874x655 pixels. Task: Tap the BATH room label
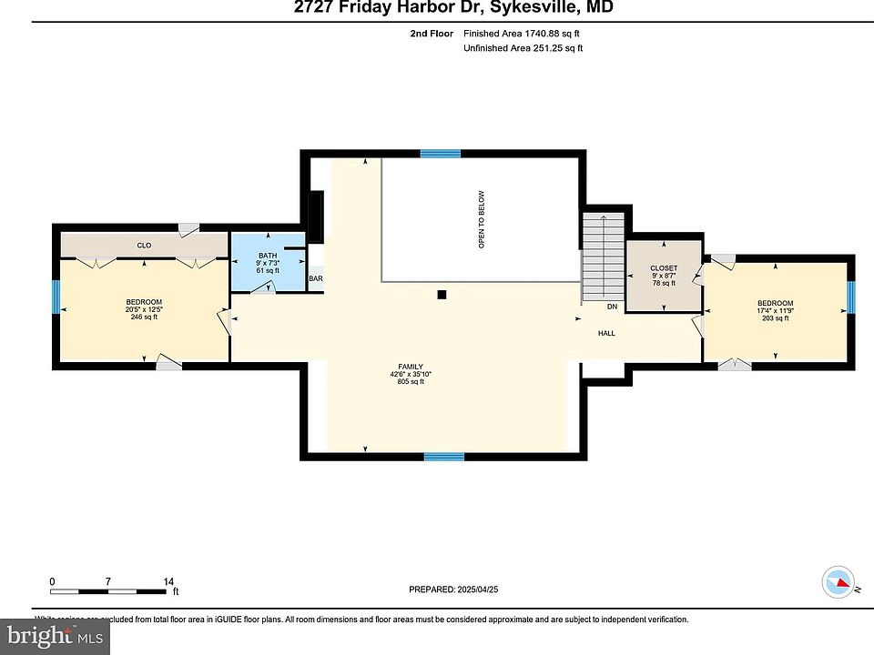[x=268, y=256]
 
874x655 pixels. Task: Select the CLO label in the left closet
[x=144, y=246]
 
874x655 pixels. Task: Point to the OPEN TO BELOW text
[x=482, y=219]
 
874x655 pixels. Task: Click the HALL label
[x=606, y=333]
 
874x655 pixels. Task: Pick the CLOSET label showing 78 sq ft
[x=663, y=268]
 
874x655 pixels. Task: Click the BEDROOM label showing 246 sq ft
[x=144, y=302]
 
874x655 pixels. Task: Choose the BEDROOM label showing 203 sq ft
[x=775, y=303]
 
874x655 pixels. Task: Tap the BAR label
[x=316, y=279]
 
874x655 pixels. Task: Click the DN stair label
[x=612, y=307]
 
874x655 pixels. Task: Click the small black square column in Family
[x=442, y=294]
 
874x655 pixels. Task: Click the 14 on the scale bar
[x=168, y=580]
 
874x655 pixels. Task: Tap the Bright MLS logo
[x=55, y=636]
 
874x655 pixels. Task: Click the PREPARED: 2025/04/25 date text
[x=453, y=589]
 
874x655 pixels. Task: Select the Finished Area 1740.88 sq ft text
[x=523, y=33]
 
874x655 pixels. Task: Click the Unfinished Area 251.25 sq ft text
[x=523, y=48]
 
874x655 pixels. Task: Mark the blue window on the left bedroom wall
[x=56, y=297]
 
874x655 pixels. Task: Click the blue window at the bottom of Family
[x=443, y=457]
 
